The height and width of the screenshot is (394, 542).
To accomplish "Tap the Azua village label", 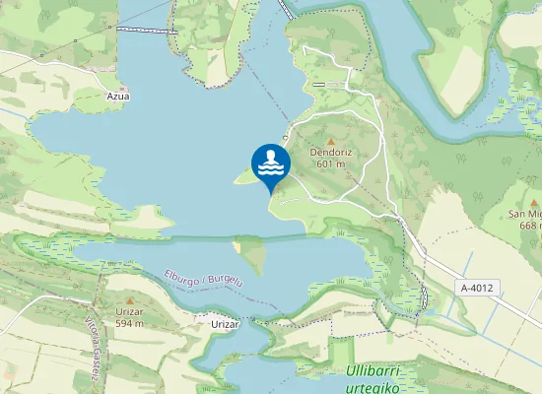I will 118,97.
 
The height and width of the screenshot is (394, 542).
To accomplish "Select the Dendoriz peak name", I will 330,153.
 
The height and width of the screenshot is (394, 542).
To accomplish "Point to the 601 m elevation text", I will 330,164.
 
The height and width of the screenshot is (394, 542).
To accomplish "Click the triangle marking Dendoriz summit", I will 330,141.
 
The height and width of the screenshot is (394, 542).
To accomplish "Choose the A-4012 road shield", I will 477,288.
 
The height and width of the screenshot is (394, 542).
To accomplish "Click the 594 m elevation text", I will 129,323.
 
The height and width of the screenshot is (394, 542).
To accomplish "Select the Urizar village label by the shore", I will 226,323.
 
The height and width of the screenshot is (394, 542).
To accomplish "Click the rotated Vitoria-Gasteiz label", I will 93,336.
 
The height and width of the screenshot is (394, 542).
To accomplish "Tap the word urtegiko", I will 372,387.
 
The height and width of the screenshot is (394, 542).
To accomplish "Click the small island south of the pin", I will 253,255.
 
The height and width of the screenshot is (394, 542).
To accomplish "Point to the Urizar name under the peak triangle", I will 129,311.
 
